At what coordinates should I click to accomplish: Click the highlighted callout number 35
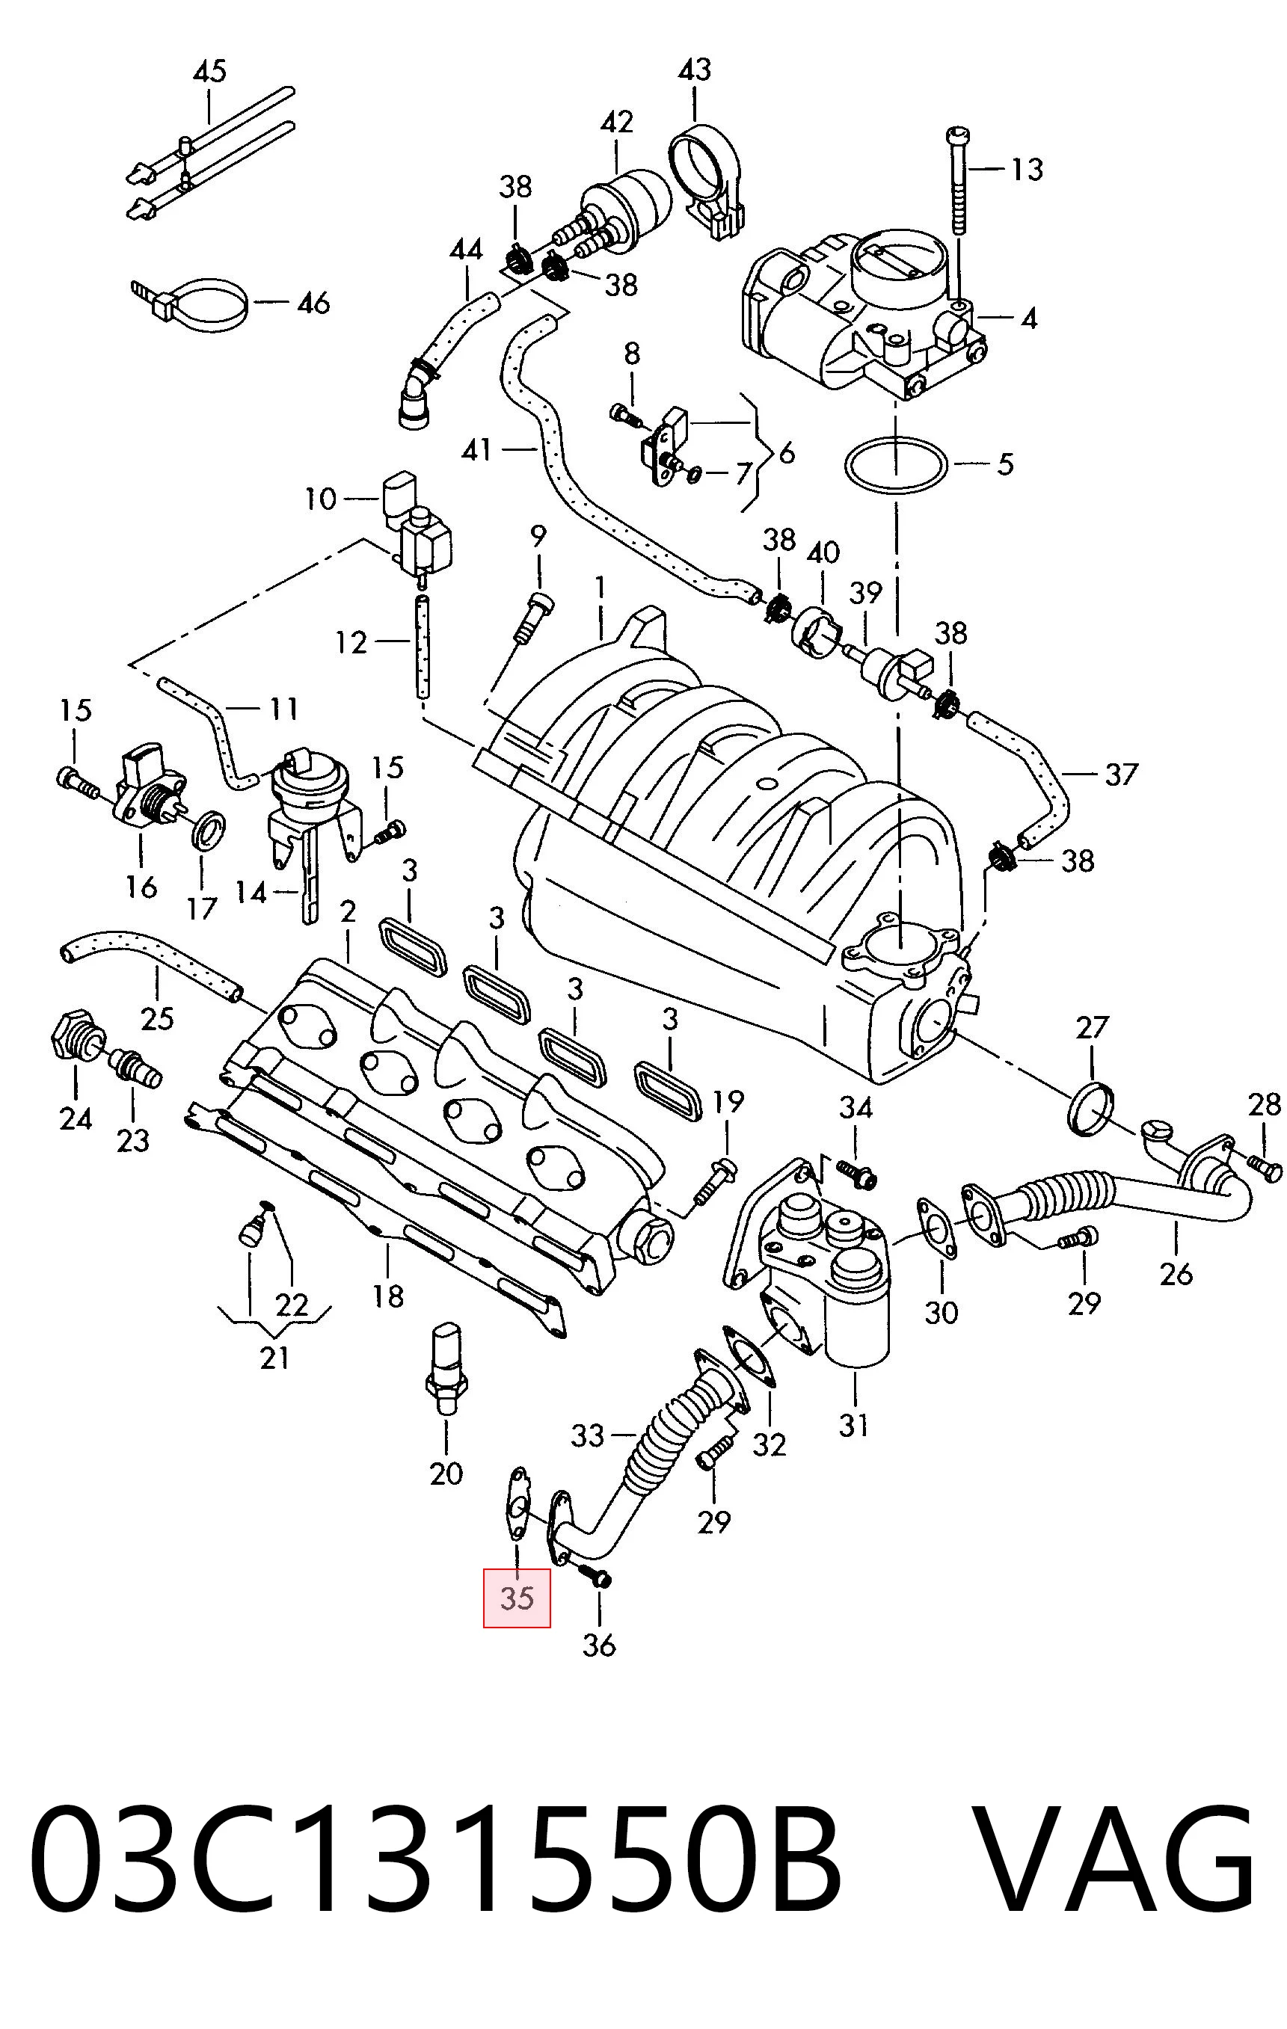point(517,1598)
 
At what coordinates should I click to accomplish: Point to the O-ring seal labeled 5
point(895,464)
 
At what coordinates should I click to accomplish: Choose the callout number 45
point(210,71)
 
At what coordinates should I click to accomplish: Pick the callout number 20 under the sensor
point(446,1474)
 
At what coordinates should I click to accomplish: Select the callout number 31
point(853,1425)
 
